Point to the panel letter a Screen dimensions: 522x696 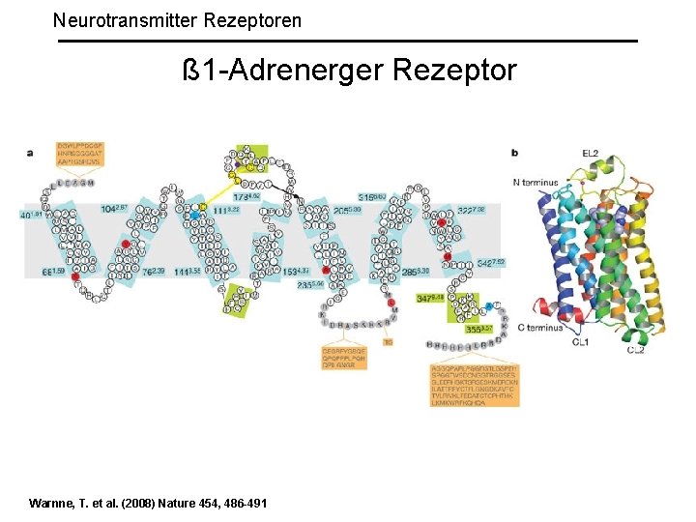click(30, 152)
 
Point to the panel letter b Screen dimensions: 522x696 click(514, 152)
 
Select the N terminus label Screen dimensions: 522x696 click(542, 182)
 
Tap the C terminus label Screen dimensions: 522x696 click(540, 328)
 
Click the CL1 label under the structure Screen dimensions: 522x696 click(580, 341)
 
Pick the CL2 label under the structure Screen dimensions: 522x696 click(635, 349)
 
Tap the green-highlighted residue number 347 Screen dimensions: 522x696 click(430, 299)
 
